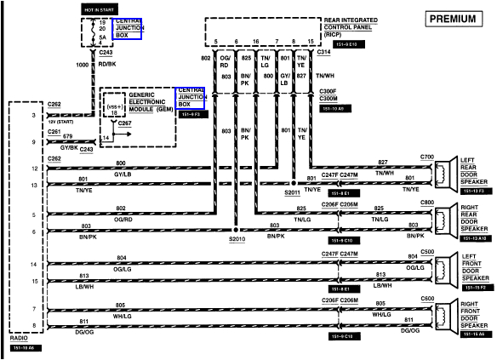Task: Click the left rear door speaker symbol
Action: click(444, 174)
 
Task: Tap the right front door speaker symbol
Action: click(444, 315)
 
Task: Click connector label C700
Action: click(426, 157)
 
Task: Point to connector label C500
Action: click(426, 251)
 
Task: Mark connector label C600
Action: click(426, 299)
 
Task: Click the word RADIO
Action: click(20, 337)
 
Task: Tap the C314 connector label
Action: click(323, 51)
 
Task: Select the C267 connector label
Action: click(124, 123)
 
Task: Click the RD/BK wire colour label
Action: click(107, 64)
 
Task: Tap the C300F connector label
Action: click(328, 90)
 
